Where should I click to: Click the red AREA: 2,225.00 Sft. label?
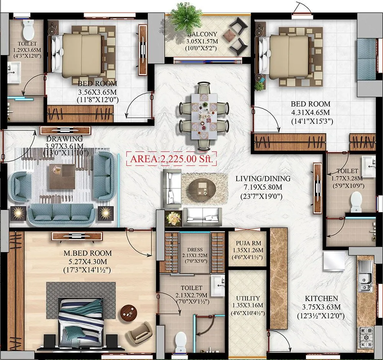point(172,159)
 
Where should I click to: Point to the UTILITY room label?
point(248,298)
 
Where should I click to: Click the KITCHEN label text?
point(321,298)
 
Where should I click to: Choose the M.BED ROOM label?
point(88,253)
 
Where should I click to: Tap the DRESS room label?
point(195,250)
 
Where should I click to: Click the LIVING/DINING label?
point(263,178)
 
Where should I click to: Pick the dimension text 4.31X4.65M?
point(310,113)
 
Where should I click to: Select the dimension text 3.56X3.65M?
point(97,92)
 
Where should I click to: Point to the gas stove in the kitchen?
point(366,337)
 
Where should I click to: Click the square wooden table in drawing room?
point(62,177)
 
